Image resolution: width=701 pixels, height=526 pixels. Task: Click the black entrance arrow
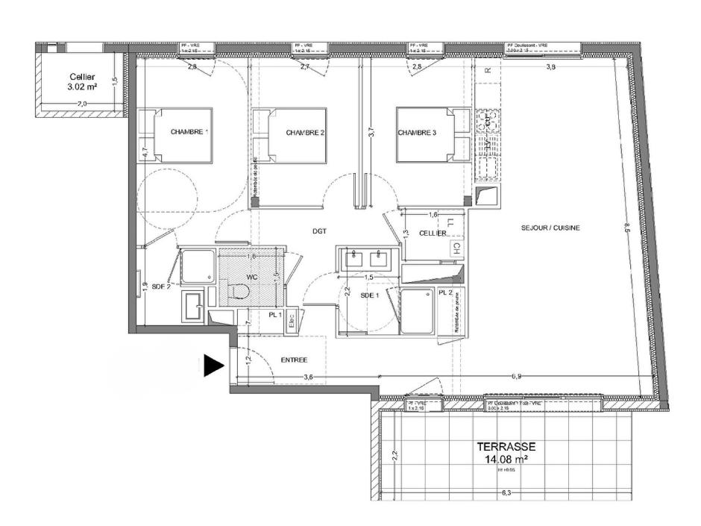coord(213,365)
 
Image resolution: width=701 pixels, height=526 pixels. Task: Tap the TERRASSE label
coord(506,446)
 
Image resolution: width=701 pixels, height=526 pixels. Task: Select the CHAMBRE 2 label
coord(306,133)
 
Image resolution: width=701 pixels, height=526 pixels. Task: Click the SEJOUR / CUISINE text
coord(550,228)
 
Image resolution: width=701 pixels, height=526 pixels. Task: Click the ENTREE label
coord(294,360)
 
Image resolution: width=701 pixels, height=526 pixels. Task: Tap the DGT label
coord(320,231)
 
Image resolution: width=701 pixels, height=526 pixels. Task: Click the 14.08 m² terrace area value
coord(506,459)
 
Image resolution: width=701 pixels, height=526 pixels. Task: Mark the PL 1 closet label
coord(274,315)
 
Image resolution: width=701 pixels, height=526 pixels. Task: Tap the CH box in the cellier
coord(456,248)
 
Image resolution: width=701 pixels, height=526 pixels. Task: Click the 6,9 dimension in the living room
coord(516,377)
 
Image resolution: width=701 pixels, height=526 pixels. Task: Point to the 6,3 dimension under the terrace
coord(507,493)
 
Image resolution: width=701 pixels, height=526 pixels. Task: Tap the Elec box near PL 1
coord(292,319)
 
